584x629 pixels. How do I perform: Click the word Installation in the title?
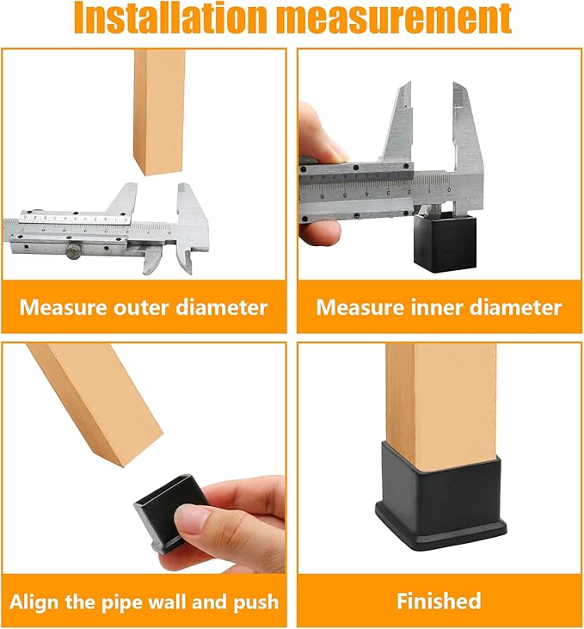point(171,18)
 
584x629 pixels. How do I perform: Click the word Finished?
point(439,601)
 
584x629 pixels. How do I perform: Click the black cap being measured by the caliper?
point(446,242)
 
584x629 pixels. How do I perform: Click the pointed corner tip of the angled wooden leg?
point(122,466)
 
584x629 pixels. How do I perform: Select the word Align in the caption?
point(34,602)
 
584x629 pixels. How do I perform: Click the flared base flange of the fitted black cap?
point(441,530)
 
